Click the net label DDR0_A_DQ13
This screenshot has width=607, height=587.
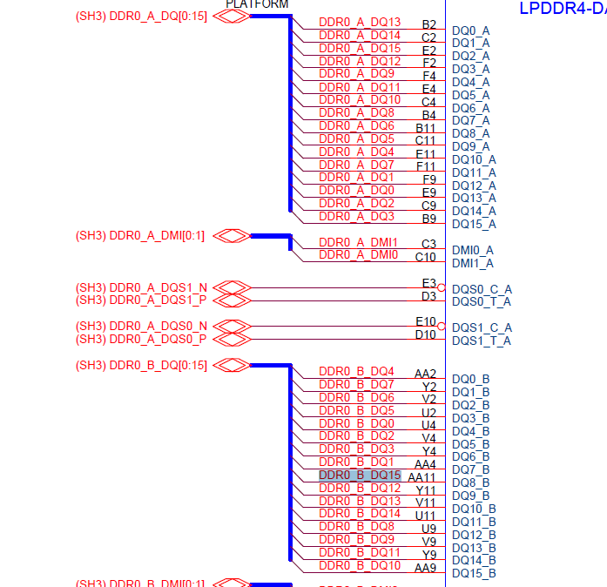[360, 22]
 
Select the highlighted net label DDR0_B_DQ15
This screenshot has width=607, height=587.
[360, 476]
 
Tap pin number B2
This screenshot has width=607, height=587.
[428, 24]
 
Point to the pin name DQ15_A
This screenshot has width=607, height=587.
[474, 224]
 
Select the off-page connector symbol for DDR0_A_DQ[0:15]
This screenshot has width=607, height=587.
[232, 15]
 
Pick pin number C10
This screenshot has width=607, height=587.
[425, 257]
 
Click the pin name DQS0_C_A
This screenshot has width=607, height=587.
[482, 289]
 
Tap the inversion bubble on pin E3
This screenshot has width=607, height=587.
[442, 287]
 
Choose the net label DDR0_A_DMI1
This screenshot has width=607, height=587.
[358, 242]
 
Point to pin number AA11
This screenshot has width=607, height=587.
[422, 477]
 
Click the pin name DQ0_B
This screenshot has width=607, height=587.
[470, 379]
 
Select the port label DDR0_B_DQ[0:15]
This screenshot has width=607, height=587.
[141, 365]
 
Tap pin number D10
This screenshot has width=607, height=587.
[425, 334]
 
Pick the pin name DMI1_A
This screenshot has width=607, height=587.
[472, 263]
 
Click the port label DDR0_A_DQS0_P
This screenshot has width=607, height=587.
[141, 339]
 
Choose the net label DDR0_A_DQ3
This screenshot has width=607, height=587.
[356, 216]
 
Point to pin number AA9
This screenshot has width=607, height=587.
[425, 569]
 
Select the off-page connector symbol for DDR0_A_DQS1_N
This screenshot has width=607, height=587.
[232, 287]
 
